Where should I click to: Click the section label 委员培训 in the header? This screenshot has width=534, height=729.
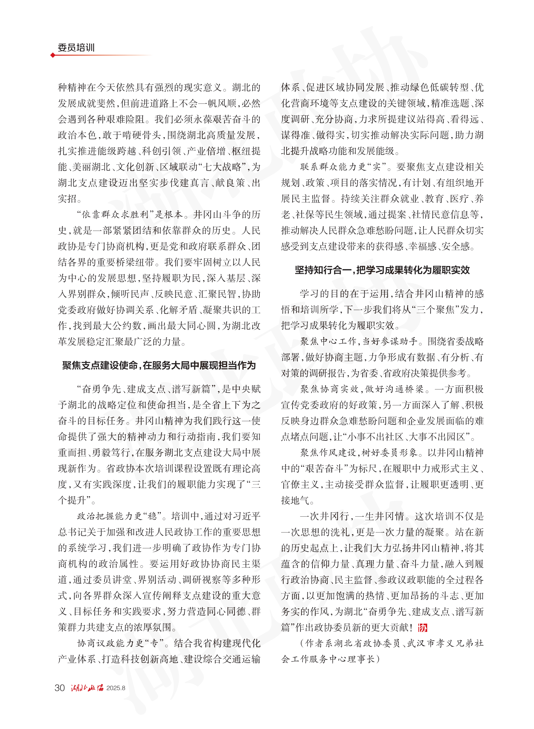[x=76, y=48]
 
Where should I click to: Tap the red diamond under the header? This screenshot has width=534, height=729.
[x=53, y=55]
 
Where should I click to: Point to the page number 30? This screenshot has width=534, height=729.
[x=60, y=688]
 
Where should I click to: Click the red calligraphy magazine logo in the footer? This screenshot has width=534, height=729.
[x=87, y=688]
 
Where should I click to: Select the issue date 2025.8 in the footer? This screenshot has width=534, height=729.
[x=116, y=688]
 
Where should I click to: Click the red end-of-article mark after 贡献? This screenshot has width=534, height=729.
[x=423, y=628]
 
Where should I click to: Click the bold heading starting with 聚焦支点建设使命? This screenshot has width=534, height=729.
[x=159, y=365]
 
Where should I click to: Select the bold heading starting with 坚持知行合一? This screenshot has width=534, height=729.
[x=382, y=270]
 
